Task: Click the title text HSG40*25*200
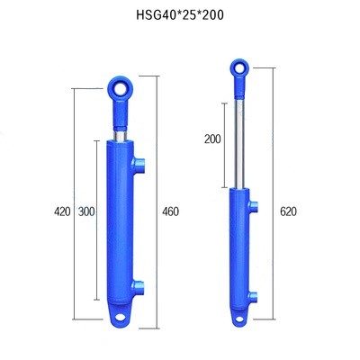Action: point(180,15)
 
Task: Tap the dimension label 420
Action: point(62,211)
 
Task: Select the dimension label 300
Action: point(86,211)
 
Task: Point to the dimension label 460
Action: point(170,211)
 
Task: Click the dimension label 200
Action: point(212,139)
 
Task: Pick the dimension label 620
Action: point(288,211)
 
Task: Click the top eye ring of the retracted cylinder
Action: point(121,88)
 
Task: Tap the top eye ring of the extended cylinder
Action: point(239,67)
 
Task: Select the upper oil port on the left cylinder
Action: point(138,165)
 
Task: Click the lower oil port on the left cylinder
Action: point(138,287)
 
